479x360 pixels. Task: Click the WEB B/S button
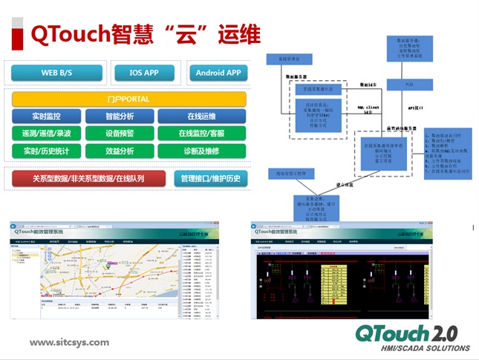click(56, 73)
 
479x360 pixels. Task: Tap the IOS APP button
click(145, 73)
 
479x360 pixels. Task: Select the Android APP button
click(218, 73)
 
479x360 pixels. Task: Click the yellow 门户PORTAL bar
click(128, 99)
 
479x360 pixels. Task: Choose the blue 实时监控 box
click(45, 117)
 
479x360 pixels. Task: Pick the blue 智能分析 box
click(119, 117)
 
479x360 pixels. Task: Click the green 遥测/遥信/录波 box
click(45, 134)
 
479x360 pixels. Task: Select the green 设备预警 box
click(119, 134)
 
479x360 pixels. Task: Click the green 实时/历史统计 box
click(45, 151)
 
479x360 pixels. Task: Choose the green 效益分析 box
click(119, 151)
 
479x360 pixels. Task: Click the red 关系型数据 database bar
click(88, 179)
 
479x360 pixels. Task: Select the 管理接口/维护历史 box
click(211, 179)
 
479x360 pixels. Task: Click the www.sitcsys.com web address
click(69, 343)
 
